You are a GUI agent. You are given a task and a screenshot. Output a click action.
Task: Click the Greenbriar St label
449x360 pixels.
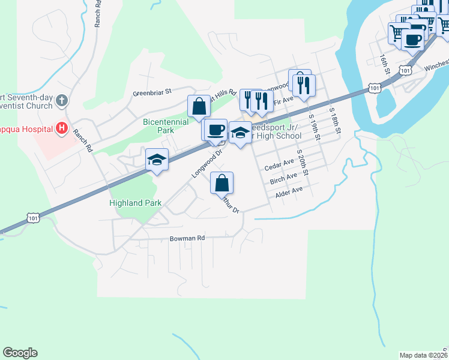click(152, 92)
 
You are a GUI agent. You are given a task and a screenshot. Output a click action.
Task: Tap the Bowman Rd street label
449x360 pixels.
click(187, 238)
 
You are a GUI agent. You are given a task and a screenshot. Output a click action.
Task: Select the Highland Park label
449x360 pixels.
click(136, 203)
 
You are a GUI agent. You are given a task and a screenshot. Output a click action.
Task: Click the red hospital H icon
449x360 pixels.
click(61, 128)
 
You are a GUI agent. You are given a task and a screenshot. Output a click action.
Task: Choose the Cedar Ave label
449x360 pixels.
click(280, 163)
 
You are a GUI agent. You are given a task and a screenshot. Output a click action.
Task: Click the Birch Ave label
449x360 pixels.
click(283, 178)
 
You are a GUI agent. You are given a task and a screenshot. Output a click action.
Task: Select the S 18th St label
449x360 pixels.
click(334, 121)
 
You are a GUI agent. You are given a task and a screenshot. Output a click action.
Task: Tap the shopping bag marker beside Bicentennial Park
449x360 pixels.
click(199, 107)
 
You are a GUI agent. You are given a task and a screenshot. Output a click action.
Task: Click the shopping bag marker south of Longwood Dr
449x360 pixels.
click(221, 183)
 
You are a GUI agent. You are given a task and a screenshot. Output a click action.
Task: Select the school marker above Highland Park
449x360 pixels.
click(157, 160)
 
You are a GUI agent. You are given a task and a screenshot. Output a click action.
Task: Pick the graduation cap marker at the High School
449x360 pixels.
click(240, 133)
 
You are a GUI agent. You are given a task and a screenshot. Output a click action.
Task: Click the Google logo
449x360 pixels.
click(20, 353)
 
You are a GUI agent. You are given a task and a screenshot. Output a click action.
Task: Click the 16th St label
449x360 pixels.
click(384, 64)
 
